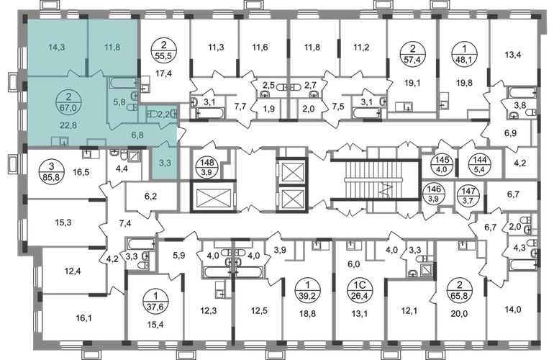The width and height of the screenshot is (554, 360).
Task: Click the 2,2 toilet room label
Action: [x=164, y=114]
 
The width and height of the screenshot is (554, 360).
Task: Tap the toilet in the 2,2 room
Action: [x=151, y=114]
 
